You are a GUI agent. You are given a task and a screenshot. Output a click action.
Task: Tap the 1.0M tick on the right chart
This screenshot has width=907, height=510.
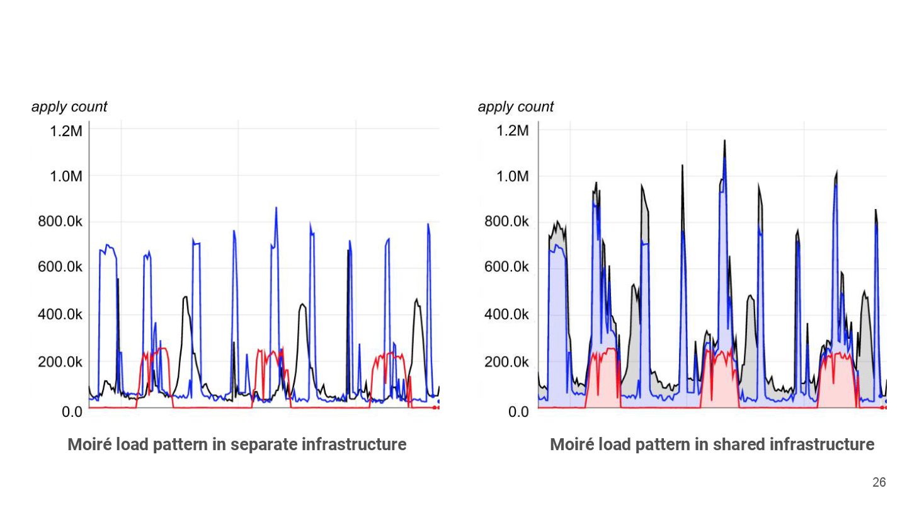coord(513,176)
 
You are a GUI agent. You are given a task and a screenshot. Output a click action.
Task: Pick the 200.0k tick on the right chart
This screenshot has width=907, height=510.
coord(506,361)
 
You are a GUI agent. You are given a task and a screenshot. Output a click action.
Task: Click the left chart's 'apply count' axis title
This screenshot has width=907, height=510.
coord(69,107)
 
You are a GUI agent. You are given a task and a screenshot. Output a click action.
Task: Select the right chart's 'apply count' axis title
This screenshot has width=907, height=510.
coord(516,107)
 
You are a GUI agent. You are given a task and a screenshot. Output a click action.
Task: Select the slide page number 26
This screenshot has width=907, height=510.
coord(879,482)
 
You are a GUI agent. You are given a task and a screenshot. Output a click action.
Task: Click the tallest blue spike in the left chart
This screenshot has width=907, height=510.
coord(276,208)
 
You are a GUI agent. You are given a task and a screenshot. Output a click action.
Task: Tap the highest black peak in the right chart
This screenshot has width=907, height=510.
coord(724,142)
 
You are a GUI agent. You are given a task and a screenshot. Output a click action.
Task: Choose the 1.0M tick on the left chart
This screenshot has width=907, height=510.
coord(66,176)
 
